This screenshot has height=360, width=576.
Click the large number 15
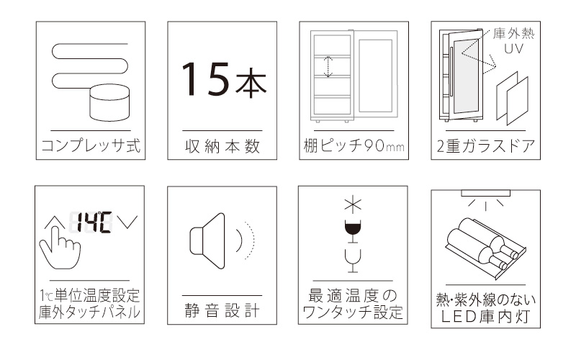[205, 79]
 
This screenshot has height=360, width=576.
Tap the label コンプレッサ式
[91, 145]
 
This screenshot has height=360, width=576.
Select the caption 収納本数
[222, 146]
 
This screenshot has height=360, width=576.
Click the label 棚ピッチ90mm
[354, 146]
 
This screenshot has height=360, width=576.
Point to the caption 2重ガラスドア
[485, 146]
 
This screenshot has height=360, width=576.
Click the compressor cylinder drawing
[109, 103]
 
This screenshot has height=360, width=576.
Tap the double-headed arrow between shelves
[328, 66]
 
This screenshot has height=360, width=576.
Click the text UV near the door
[513, 48]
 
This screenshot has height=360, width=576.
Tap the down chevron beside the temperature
[127, 222]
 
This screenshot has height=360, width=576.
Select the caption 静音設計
[222, 311]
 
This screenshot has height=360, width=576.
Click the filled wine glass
[353, 231]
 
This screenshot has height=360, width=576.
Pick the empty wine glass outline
[353, 261]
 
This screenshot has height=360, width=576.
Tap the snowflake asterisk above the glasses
[353, 205]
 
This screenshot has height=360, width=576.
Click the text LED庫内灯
[485, 317]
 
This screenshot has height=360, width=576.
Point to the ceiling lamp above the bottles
[485, 193]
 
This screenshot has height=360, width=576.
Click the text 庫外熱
[513, 34]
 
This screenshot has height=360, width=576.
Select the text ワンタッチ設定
[353, 312]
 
